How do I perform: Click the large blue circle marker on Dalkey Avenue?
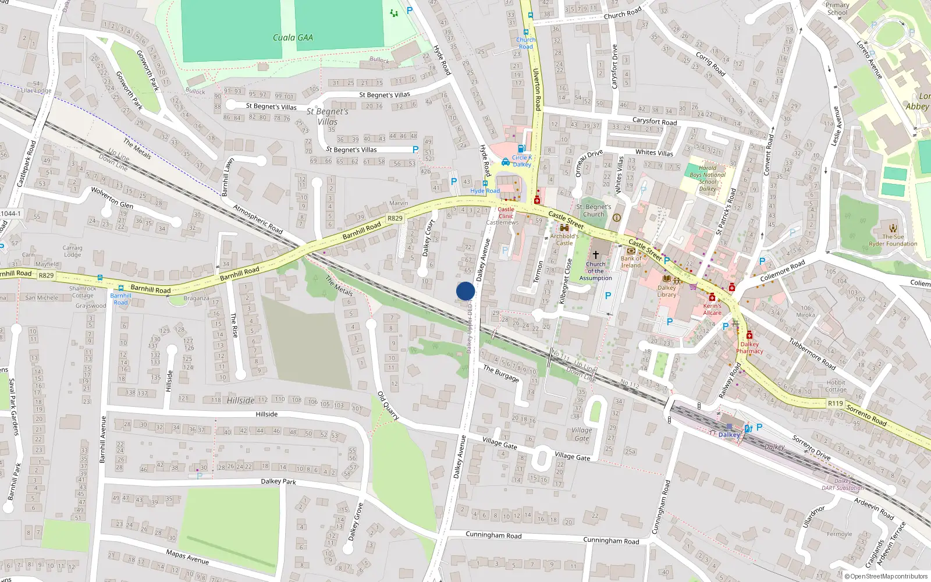pos(465,291)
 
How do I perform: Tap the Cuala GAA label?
pos(293,38)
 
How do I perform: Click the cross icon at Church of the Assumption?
pos(595,255)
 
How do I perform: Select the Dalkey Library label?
pos(667,291)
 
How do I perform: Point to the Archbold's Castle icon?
pos(564,228)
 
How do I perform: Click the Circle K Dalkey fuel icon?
pos(522,148)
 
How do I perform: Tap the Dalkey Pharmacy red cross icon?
pos(749,335)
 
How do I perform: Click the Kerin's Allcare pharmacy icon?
pos(712,297)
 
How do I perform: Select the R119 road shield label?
pos(836,403)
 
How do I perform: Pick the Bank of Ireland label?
pos(631,262)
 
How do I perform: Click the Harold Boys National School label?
pos(708,178)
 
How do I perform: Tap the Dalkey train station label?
pos(729,435)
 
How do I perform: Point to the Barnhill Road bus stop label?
pos(120,299)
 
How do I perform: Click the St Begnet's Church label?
pos(594,210)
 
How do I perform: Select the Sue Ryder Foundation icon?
pos(893,228)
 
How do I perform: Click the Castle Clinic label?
pos(506,212)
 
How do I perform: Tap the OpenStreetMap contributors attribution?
pos(886,576)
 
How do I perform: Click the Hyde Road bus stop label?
pos(485,191)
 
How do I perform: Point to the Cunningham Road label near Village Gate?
pos(493,535)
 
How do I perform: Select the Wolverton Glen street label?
pos(112,198)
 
